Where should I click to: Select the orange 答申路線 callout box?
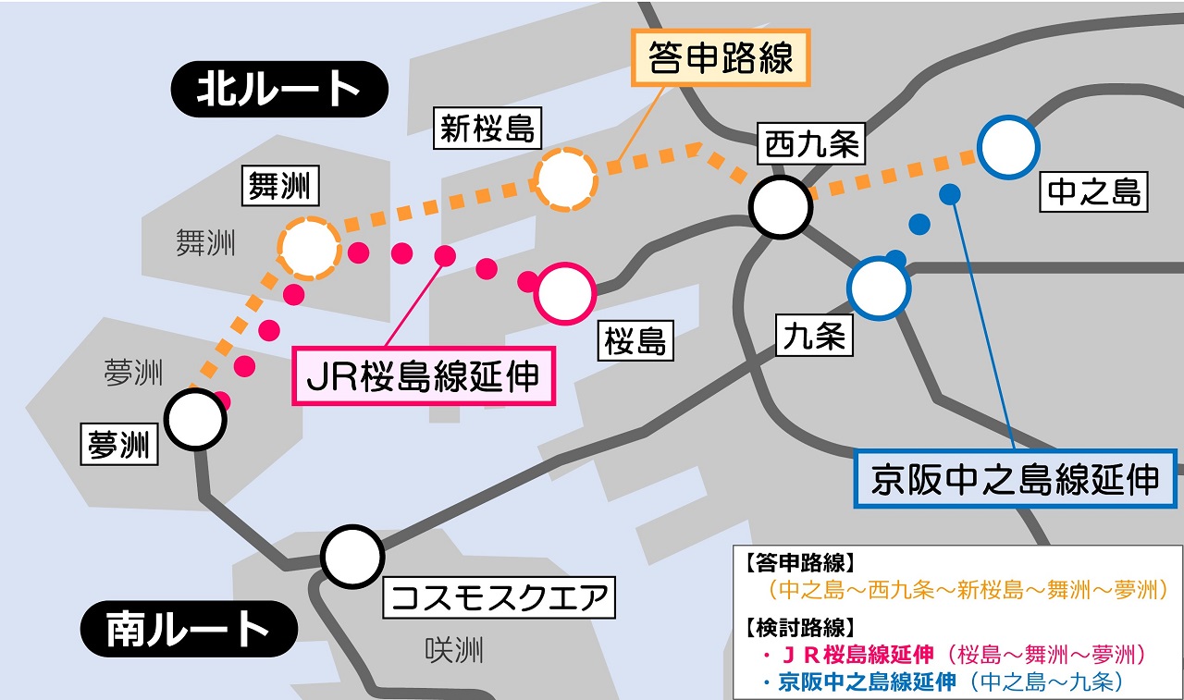pos(721,57)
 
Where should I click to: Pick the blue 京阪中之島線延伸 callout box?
pos(1015,479)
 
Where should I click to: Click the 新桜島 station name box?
pos(487,129)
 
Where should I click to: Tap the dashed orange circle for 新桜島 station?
pos(566,178)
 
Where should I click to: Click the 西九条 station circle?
pos(782,208)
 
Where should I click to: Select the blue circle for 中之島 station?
pos(1009,147)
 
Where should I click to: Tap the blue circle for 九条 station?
pos(878,288)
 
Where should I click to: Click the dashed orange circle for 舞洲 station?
pos(309,249)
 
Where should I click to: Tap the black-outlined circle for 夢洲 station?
pos(196,419)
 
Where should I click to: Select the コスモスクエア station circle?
pos(352,555)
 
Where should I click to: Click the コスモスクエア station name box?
pos(499,599)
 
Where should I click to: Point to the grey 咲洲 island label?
pos(454,651)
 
